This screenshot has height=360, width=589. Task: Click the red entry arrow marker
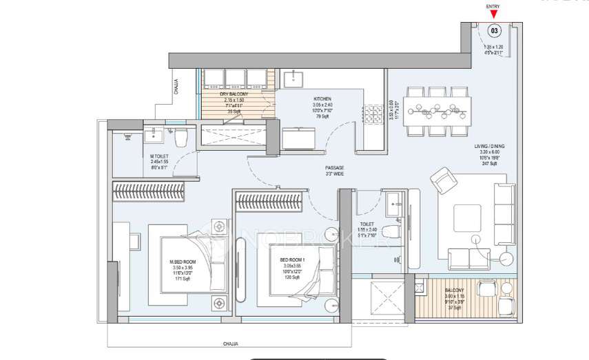click(493, 14)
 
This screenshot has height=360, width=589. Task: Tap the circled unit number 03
click(494, 30)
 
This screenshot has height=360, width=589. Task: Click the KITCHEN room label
click(322, 98)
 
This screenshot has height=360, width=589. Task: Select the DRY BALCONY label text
click(234, 94)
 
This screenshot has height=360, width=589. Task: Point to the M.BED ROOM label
click(183, 262)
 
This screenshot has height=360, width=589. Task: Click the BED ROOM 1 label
click(291, 260)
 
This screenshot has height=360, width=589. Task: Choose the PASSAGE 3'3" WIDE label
click(335, 167)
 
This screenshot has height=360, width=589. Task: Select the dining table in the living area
click(438, 107)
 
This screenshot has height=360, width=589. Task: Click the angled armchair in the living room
click(442, 181)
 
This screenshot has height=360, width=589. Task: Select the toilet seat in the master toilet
click(180, 139)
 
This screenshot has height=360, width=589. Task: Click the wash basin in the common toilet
click(394, 201)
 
